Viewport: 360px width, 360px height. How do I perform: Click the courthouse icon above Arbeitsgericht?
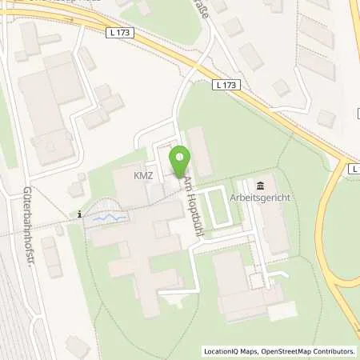tap(258, 184)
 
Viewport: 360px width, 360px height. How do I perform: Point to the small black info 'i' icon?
tap(80, 214)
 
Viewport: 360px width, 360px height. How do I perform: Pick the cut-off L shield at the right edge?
tap(354, 169)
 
